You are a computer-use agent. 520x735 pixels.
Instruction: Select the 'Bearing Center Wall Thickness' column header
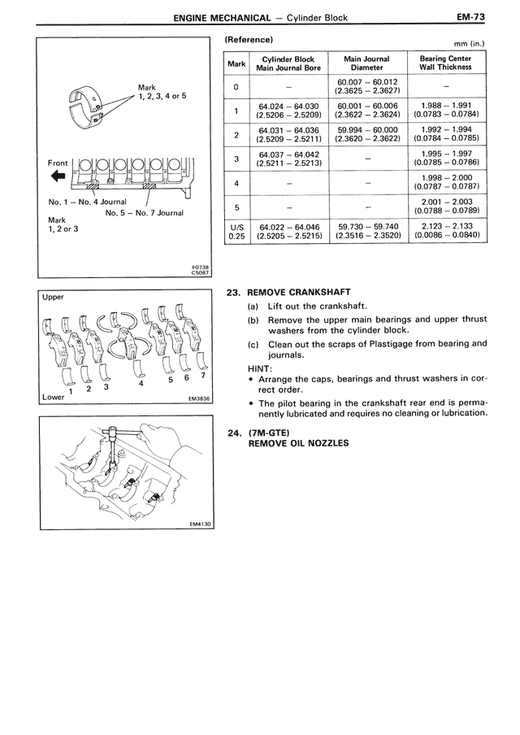(x=444, y=64)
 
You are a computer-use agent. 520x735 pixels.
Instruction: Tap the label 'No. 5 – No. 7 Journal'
(x=144, y=213)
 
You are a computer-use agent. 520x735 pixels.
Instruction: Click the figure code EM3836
(x=198, y=399)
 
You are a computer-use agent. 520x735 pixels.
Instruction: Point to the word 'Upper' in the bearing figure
(x=53, y=298)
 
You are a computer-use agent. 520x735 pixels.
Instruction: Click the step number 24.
(x=233, y=432)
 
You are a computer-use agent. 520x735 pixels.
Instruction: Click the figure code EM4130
(x=198, y=524)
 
